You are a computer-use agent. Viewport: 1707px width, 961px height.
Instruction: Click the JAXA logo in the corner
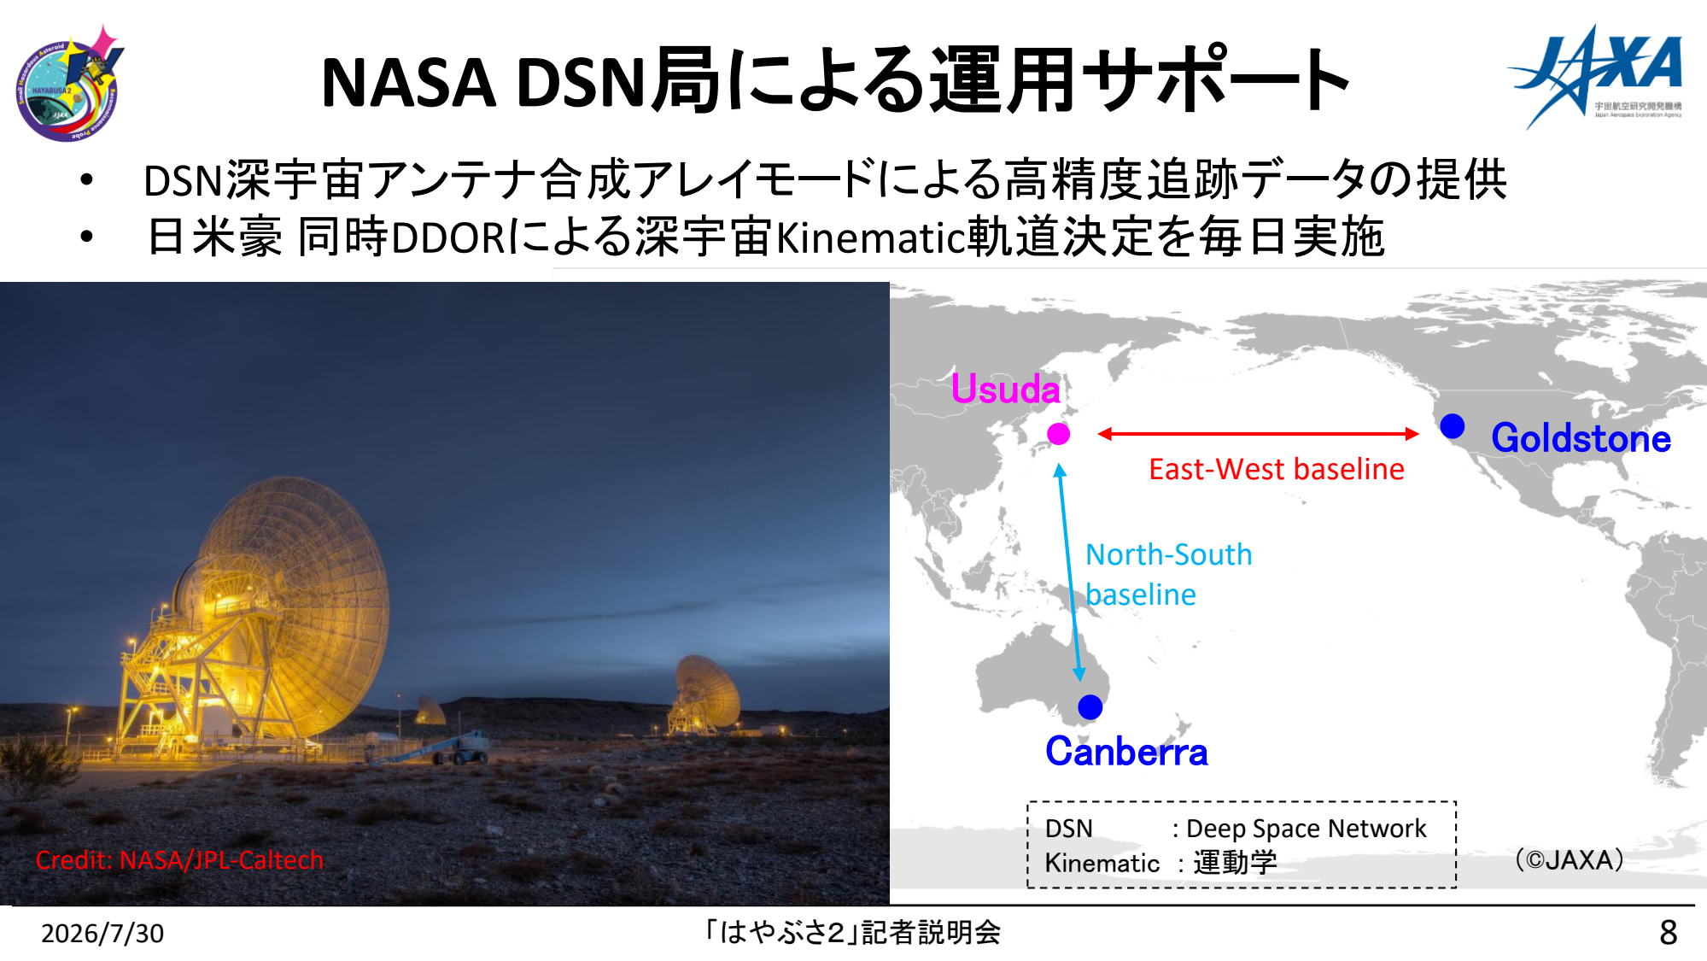pos(1595,76)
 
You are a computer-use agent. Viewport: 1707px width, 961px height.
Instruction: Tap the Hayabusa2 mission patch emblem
pos(68,84)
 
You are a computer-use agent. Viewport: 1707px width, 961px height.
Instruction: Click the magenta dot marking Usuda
pos(1059,434)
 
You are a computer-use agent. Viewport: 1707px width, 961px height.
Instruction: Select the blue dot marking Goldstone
pos(1453,425)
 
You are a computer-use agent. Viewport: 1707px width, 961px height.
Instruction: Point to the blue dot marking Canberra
pos(1090,707)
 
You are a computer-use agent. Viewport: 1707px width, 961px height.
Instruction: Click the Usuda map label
pos(1005,389)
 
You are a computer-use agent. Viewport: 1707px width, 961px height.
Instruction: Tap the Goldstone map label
pos(1581,437)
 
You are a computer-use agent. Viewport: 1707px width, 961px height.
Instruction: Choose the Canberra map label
pos(1126,752)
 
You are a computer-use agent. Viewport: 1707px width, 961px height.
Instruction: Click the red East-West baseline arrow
pos(1258,434)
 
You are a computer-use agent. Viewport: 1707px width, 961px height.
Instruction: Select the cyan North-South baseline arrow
pos(1069,572)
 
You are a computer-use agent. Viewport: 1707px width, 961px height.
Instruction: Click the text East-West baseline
pos(1276,469)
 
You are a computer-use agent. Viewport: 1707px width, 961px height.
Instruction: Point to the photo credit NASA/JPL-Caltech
pos(179,859)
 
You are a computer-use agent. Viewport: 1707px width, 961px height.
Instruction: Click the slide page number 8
pos(1669,933)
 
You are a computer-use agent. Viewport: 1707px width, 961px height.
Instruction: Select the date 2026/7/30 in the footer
pos(102,934)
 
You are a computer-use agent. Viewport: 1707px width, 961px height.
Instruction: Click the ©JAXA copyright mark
pos(1570,859)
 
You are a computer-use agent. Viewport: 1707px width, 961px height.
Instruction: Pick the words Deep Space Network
pos(1307,829)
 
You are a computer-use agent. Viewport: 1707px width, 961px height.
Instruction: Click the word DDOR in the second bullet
pos(449,237)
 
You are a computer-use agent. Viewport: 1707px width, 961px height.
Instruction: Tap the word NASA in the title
pos(408,83)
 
